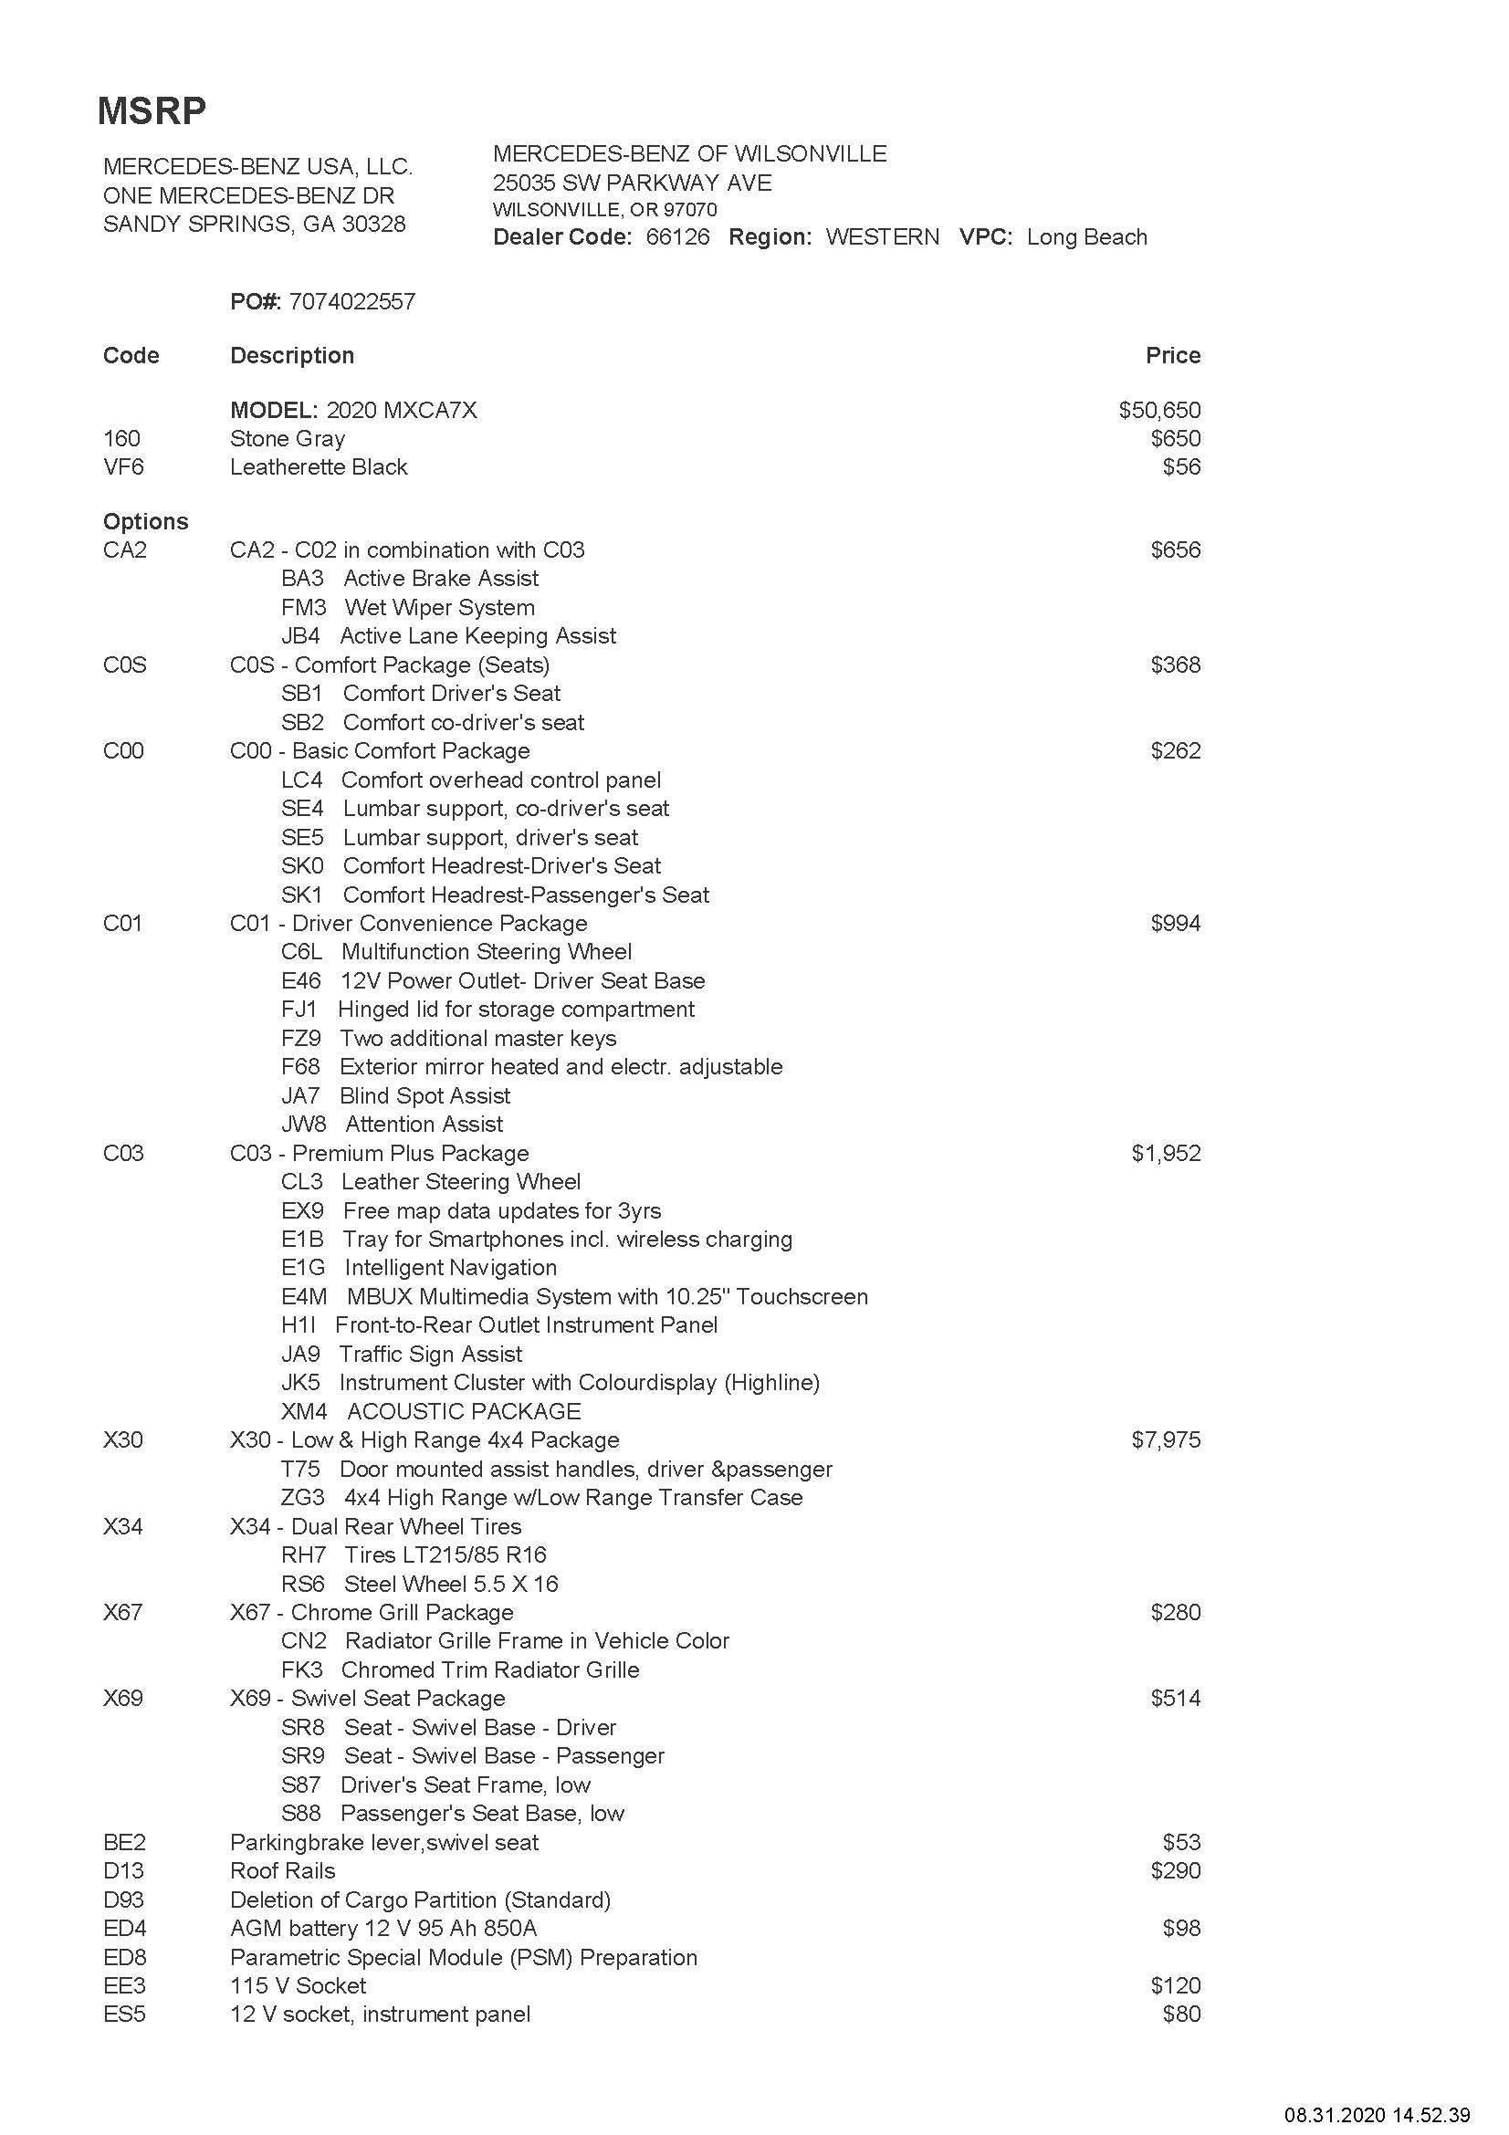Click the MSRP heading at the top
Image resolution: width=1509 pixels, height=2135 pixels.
[152, 110]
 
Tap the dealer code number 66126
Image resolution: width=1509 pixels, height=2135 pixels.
[676, 237]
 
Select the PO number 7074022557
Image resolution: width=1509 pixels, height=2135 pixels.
[351, 301]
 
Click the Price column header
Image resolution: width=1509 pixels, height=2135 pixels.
[1172, 355]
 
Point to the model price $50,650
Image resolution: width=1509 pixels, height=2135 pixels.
[1159, 410]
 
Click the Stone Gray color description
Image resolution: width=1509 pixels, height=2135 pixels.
[288, 439]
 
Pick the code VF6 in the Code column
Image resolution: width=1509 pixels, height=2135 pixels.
[123, 466]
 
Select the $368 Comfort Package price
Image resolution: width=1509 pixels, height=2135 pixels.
[1175, 665]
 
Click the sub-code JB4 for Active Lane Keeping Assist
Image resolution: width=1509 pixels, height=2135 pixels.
[300, 636]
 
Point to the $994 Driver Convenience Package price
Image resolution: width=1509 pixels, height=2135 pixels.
[1175, 924]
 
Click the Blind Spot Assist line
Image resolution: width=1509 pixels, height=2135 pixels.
[424, 1095]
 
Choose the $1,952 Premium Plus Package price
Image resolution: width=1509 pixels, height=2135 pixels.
[1166, 1153]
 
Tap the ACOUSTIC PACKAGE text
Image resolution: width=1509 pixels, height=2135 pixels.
[464, 1411]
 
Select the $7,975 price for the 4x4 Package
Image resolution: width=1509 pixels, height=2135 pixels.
[1166, 1440]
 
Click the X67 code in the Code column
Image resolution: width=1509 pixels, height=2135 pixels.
[122, 1612]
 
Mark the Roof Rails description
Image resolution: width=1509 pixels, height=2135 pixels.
[283, 1871]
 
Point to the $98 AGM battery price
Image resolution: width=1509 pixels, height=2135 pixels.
[1180, 1929]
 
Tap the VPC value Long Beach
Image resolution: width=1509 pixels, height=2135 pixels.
[1086, 237]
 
